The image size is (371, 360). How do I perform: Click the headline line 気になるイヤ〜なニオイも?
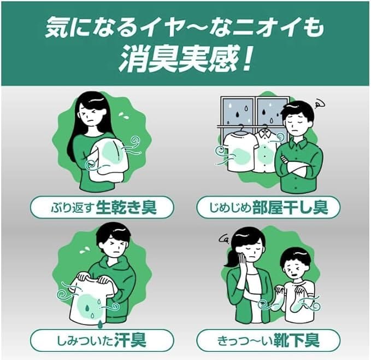[x=185, y=26]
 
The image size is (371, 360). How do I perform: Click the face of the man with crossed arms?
[x=298, y=124]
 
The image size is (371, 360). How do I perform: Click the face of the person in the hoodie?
[x=114, y=241]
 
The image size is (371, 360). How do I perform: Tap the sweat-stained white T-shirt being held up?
[x=90, y=301]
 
